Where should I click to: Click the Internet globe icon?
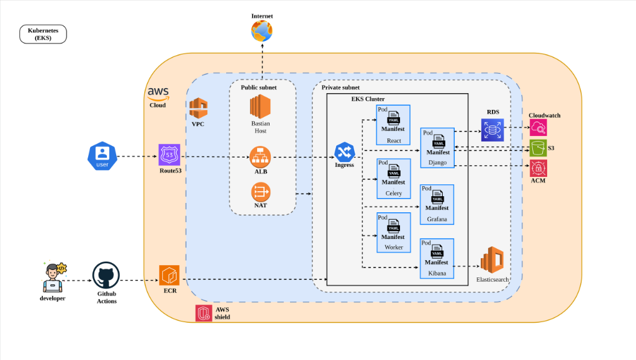[261, 31]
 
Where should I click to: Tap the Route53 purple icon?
[169, 155]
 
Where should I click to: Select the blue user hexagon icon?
[102, 156]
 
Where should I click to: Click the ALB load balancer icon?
[260, 157]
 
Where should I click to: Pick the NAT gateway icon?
[260, 192]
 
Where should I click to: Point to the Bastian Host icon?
[260, 106]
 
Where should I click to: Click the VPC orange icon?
[198, 108]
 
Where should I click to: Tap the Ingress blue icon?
[344, 152]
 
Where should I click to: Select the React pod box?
[393, 125]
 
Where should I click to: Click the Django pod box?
[437, 148]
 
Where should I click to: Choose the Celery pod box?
[393, 178]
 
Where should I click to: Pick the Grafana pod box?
[437, 204]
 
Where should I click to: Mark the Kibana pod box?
[437, 259]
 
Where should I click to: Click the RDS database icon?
[493, 130]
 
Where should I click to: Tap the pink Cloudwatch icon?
[538, 128]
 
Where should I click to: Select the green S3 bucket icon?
[538, 148]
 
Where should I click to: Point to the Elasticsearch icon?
[492, 260]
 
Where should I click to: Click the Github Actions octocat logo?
[106, 275]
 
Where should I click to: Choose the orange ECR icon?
[169, 276]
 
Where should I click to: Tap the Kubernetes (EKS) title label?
[43, 34]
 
